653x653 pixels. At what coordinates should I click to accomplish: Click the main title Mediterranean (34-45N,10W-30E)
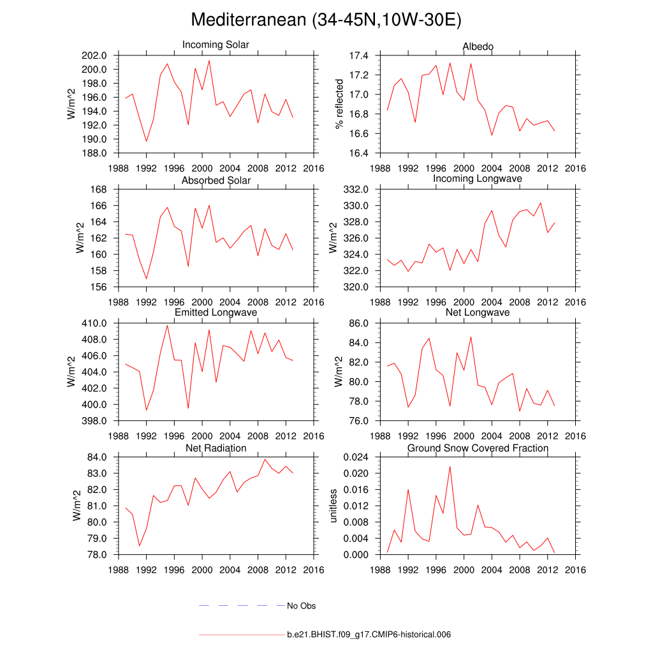(326, 20)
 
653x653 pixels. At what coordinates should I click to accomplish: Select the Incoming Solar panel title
(216, 45)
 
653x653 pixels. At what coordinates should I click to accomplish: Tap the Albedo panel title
(478, 47)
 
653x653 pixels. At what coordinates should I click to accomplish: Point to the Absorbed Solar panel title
(216, 180)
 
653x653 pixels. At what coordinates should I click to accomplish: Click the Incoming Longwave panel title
(478, 179)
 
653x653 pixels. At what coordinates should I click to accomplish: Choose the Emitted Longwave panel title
(216, 312)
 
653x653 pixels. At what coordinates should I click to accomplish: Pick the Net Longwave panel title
(478, 312)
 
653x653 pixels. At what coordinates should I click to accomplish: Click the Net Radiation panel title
(216, 448)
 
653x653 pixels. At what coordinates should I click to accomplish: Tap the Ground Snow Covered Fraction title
(478, 448)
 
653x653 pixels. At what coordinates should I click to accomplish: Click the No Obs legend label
(301, 606)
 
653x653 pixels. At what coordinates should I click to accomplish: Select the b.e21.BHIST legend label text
(369, 635)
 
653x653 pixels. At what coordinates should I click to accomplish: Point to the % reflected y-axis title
(339, 105)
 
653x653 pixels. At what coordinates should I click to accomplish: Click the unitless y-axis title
(332, 506)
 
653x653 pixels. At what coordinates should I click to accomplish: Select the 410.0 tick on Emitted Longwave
(94, 324)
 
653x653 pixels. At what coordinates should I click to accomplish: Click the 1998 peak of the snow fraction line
(450, 467)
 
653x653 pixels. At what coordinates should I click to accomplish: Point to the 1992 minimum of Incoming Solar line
(146, 142)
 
